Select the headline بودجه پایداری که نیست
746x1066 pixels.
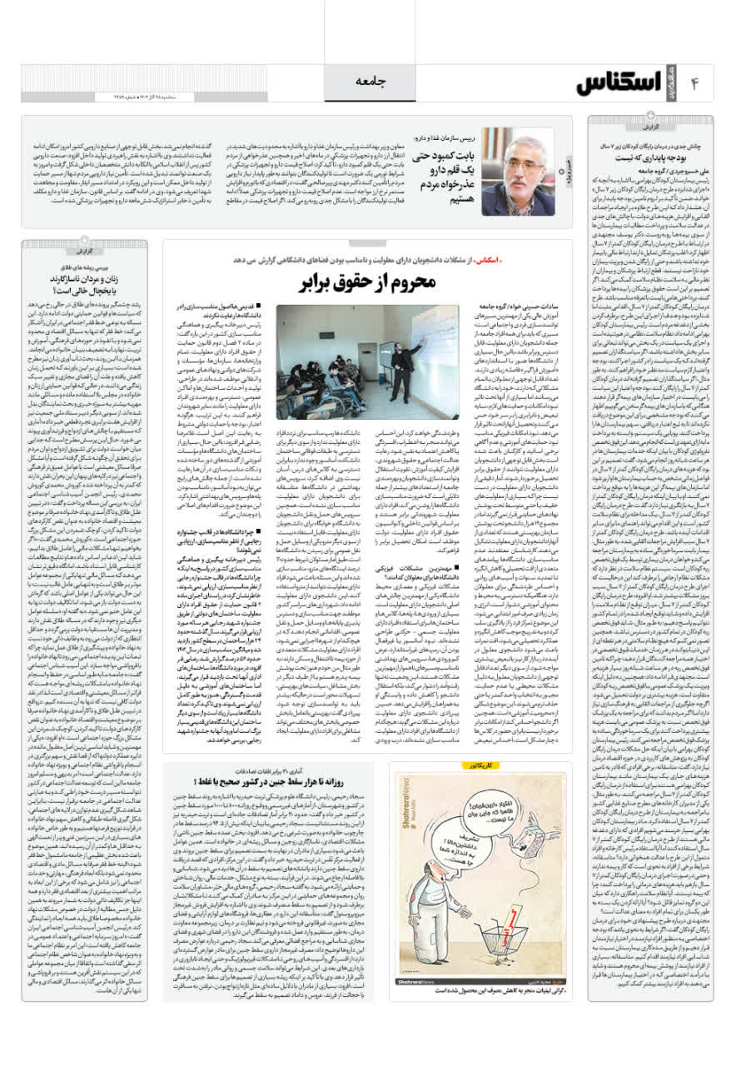[x=661, y=156]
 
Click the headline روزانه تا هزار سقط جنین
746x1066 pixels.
[x=296, y=780]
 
